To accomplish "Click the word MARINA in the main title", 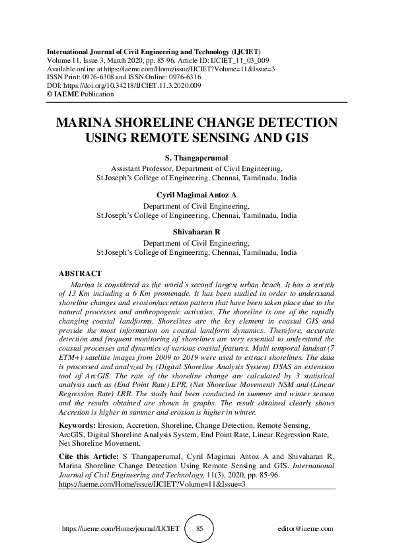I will [87, 124].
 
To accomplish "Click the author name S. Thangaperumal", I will [196, 158].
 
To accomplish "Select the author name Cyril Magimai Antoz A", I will [196, 196].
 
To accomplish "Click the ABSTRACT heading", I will [80, 273].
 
